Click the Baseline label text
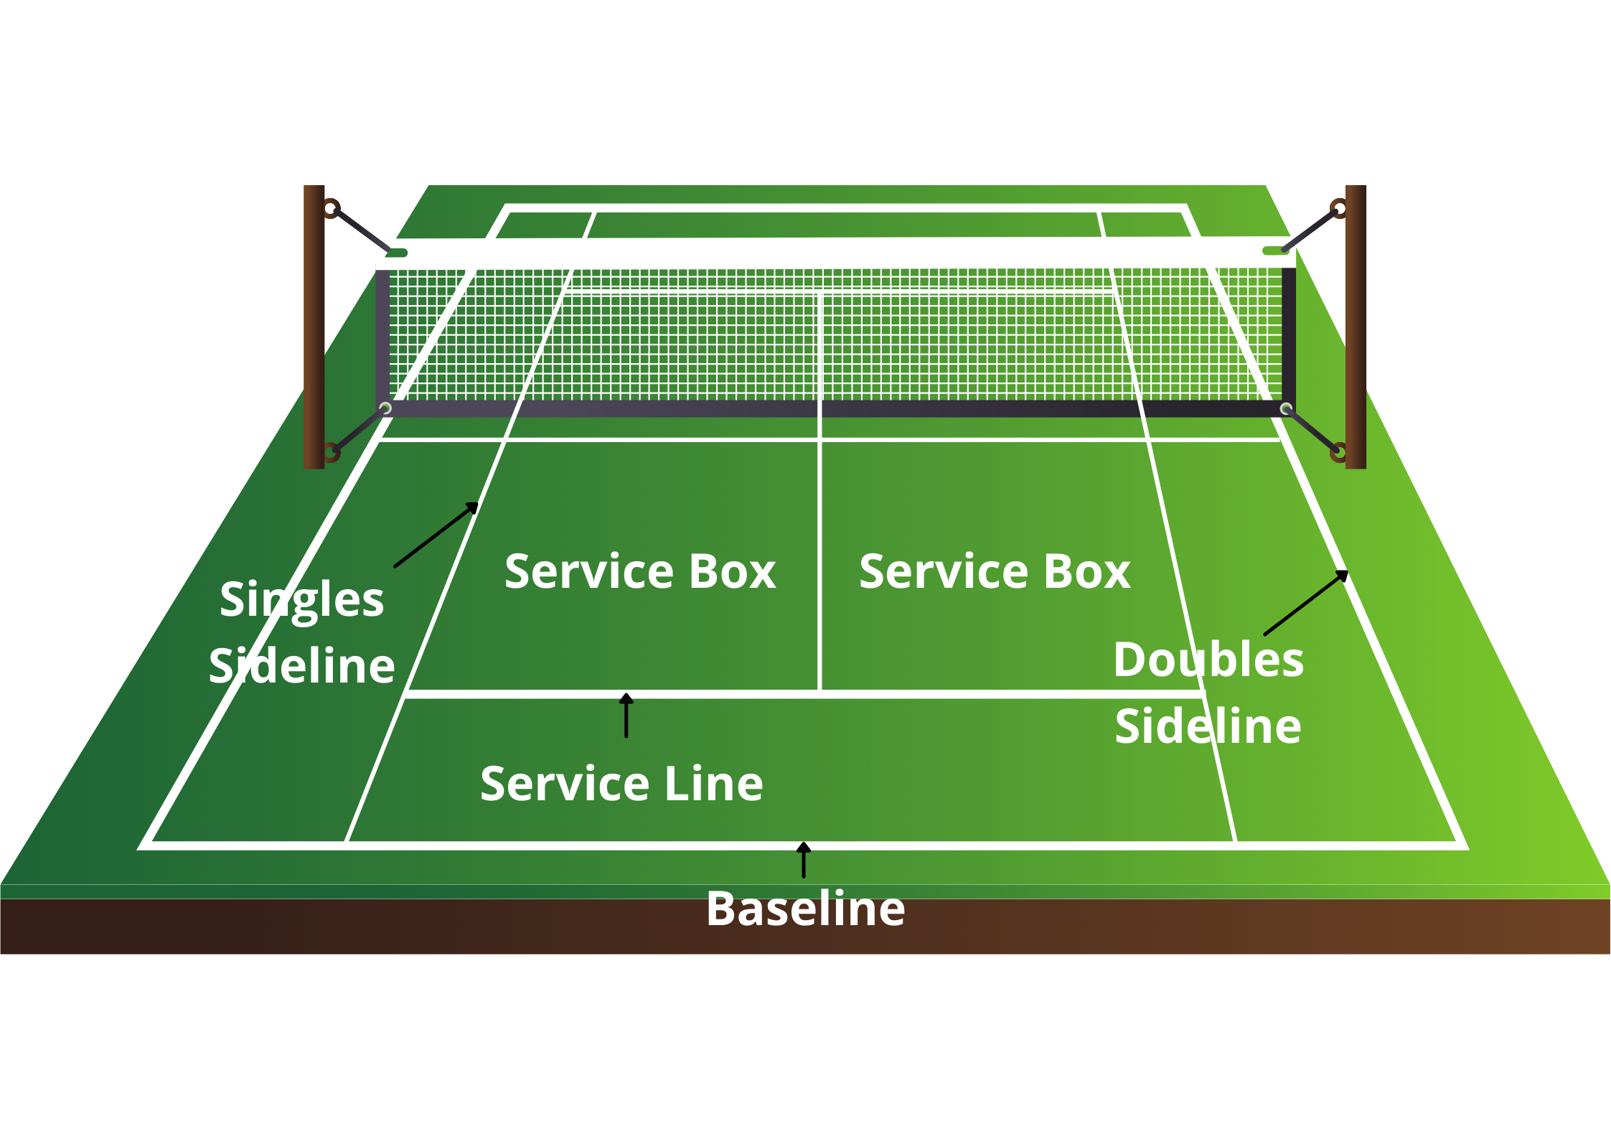click(805, 909)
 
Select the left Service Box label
click(640, 571)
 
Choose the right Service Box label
click(995, 571)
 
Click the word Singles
click(301, 599)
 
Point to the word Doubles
click(1208, 660)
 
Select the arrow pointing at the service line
click(626, 716)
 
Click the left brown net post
click(314, 327)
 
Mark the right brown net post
click(1355, 327)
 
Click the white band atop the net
click(832, 253)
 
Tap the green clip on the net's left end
click(395, 253)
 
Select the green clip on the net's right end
click(1275, 250)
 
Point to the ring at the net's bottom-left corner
click(385, 408)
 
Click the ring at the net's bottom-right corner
click(1286, 409)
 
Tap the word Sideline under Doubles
click(1208, 726)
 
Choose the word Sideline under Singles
click(301, 665)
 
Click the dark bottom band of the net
click(832, 408)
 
